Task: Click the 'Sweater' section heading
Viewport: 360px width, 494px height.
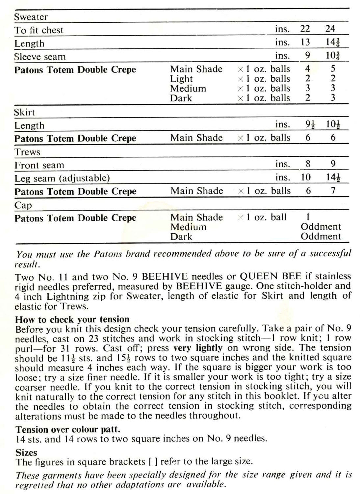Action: coord(31,17)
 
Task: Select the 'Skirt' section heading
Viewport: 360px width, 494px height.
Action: coord(24,112)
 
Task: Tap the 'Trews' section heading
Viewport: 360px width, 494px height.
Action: coord(27,152)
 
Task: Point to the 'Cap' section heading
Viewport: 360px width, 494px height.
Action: coord(23,205)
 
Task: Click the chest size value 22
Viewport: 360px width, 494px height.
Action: coord(305,29)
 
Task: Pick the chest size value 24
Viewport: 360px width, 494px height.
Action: coord(330,29)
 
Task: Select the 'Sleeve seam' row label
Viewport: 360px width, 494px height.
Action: coord(40,57)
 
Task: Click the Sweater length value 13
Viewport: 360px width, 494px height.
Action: coord(305,42)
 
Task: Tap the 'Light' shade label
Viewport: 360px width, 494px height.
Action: coord(181,79)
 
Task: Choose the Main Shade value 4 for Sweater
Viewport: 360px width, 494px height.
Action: coord(307,69)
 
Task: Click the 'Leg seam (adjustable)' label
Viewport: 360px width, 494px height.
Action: coord(62,178)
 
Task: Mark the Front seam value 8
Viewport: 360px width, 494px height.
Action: coord(307,164)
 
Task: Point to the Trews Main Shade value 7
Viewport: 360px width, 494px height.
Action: coord(333,191)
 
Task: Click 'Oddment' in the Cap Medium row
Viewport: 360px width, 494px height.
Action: coord(321,227)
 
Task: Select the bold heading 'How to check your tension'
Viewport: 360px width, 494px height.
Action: coord(72,319)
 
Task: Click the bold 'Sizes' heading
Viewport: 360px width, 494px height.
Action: coord(26,453)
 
